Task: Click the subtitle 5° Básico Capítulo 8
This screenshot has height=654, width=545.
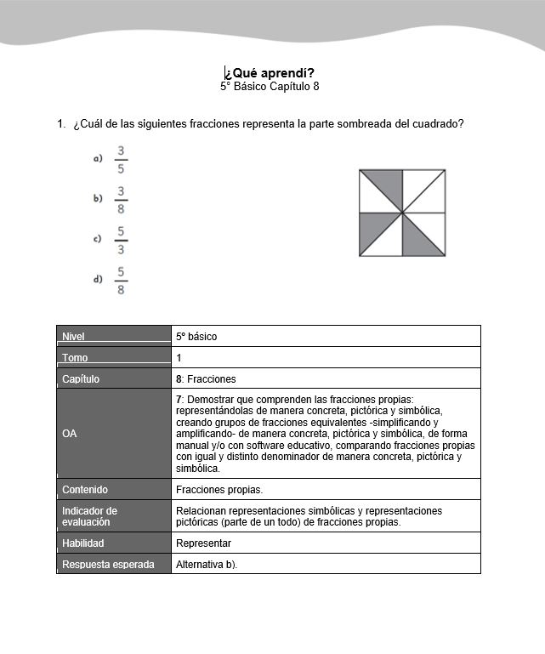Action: tap(270, 86)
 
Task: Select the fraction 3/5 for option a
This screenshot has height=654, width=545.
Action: tap(122, 159)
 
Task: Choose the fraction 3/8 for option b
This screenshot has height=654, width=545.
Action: tap(122, 199)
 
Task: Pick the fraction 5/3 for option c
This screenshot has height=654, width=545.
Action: tap(122, 239)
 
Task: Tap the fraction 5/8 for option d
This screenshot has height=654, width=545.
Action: tap(122, 280)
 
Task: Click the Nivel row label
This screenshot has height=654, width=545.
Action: tap(74, 337)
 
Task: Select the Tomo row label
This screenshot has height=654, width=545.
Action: tap(75, 358)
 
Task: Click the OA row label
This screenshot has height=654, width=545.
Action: tap(70, 434)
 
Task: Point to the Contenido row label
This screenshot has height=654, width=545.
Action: tap(84, 490)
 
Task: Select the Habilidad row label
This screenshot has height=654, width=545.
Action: tap(82, 543)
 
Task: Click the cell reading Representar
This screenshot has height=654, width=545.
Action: tap(203, 543)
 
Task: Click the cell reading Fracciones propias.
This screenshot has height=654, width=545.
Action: tap(219, 490)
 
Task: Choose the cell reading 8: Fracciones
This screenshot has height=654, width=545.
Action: tap(206, 379)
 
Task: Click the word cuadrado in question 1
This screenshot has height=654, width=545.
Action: tap(438, 124)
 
